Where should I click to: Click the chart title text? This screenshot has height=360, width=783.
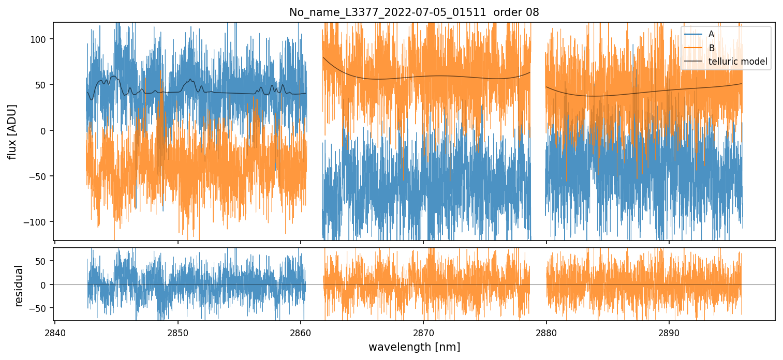click(414, 12)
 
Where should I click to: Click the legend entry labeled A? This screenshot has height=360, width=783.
click(711, 34)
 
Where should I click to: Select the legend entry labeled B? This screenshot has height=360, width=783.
click(711, 48)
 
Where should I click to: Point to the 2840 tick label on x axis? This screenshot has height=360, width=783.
click(55, 333)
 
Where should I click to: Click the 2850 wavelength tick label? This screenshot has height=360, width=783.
click(178, 333)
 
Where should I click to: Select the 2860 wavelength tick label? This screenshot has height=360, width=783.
click(301, 333)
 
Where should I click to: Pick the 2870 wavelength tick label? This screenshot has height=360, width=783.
click(423, 333)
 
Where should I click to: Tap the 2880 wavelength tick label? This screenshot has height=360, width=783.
click(546, 333)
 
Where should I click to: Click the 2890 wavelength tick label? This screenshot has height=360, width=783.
click(669, 333)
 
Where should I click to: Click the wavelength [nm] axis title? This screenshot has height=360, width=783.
click(414, 347)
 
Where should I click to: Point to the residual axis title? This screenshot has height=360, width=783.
click(20, 286)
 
